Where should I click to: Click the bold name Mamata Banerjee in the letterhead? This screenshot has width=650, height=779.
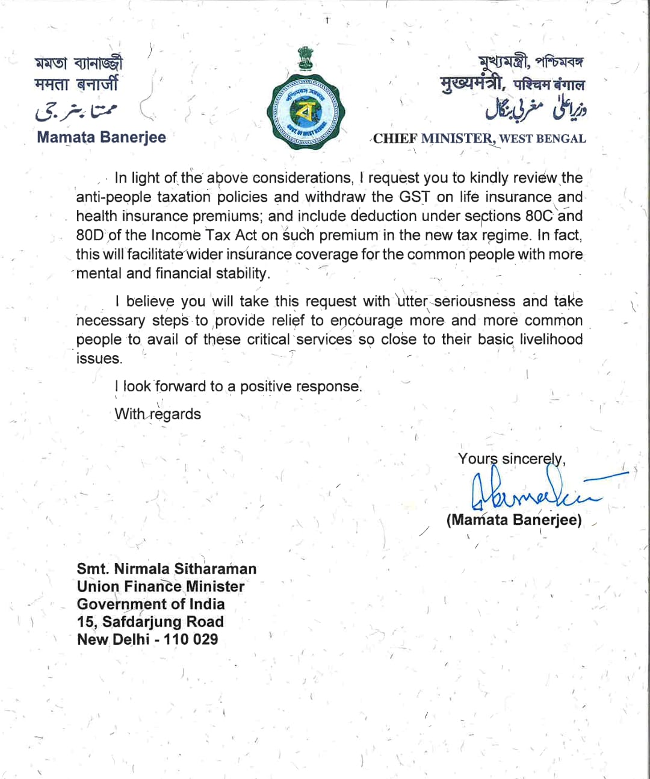101,137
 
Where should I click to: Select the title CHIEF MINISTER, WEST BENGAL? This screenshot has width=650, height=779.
479,138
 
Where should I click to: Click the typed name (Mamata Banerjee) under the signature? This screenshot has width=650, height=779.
514,520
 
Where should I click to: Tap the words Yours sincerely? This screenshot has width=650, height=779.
511,459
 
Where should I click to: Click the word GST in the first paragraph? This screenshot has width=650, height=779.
415,197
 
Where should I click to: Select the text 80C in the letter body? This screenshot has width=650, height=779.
539,216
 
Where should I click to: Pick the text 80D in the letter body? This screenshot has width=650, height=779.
90,235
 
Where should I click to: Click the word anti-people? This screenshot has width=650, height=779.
114,197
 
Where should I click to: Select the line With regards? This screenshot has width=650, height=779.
158,414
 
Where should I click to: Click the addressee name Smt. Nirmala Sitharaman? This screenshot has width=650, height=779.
166,569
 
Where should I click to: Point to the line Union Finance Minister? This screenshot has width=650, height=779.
161,586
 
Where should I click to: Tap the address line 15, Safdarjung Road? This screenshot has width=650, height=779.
150,622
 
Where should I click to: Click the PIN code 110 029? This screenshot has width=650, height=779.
191,639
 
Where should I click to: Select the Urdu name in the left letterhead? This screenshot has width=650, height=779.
76,110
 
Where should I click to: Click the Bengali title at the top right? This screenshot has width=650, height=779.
531,61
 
